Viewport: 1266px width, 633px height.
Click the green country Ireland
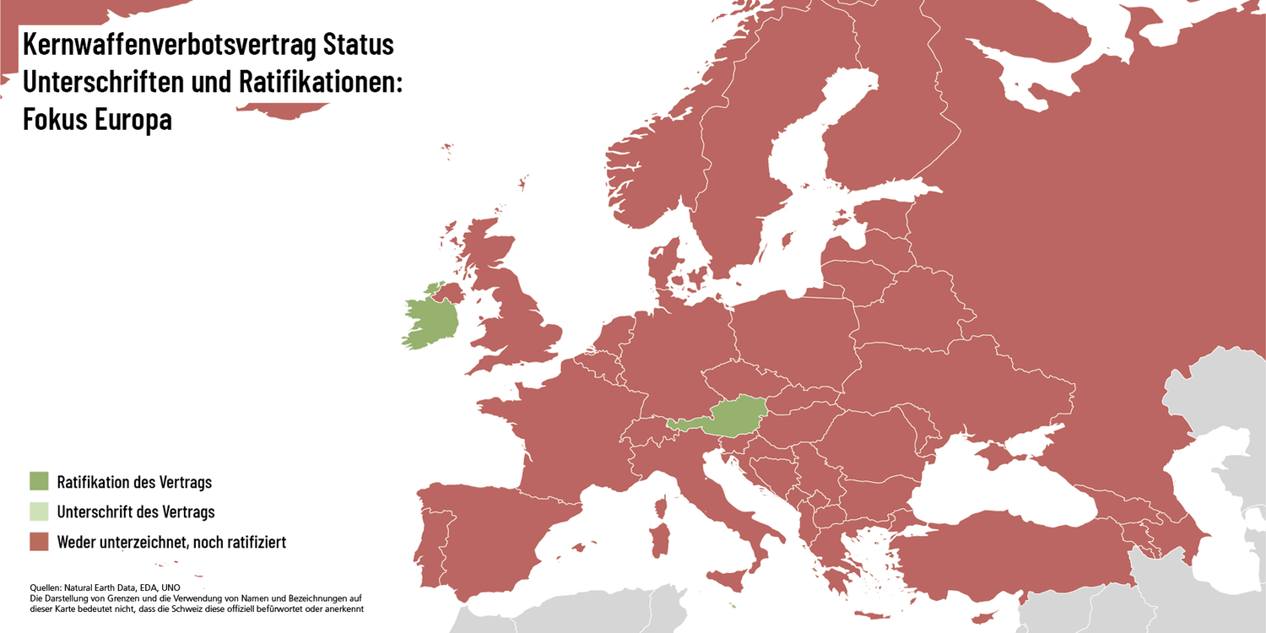click(430, 325)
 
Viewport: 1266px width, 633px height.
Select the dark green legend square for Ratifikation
click(39, 482)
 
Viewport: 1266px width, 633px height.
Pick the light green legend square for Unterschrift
click(39, 511)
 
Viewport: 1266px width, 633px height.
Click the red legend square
click(39, 541)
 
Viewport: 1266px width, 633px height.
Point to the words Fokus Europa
click(97, 119)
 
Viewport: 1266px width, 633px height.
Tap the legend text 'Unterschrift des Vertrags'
click(136, 511)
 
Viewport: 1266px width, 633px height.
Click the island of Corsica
click(661, 508)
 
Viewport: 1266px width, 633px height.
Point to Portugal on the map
click(431, 549)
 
